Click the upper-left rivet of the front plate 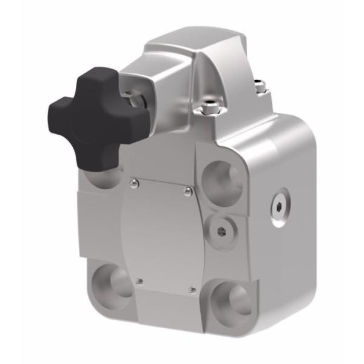tap(133, 180)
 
